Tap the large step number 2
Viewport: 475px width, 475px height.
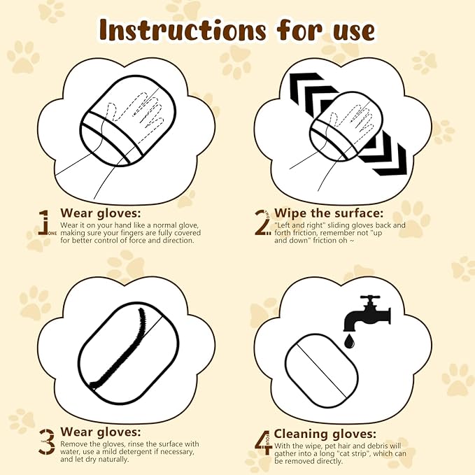[262, 220]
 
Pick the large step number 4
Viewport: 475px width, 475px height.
[262, 441]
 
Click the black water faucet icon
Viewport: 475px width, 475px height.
[365, 316]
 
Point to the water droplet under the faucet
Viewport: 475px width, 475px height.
[348, 341]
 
